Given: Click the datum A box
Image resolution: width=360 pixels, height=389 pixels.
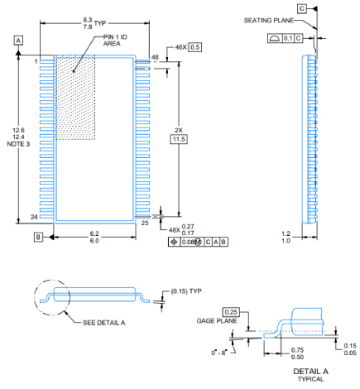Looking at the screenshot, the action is coord(18,41).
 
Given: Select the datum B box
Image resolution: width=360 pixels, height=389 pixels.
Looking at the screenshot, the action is coord(38,237).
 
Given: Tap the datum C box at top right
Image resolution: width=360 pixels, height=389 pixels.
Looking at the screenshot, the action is coord(302,8).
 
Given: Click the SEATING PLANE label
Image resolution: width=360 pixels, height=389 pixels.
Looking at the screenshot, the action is coord(269,21).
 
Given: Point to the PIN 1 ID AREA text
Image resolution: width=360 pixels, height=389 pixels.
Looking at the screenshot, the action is coord(115,41).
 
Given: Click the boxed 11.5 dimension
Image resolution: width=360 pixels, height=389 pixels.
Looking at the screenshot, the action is coord(179,139).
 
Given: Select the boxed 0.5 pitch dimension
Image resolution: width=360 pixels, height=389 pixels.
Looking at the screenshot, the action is coord(195,47).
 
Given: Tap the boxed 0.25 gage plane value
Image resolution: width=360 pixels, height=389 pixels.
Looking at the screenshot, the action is coord(231,312).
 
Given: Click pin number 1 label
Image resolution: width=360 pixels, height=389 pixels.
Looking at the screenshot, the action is coord(36,61).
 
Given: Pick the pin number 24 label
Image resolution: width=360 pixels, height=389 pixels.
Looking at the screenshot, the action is coord(34,217).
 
